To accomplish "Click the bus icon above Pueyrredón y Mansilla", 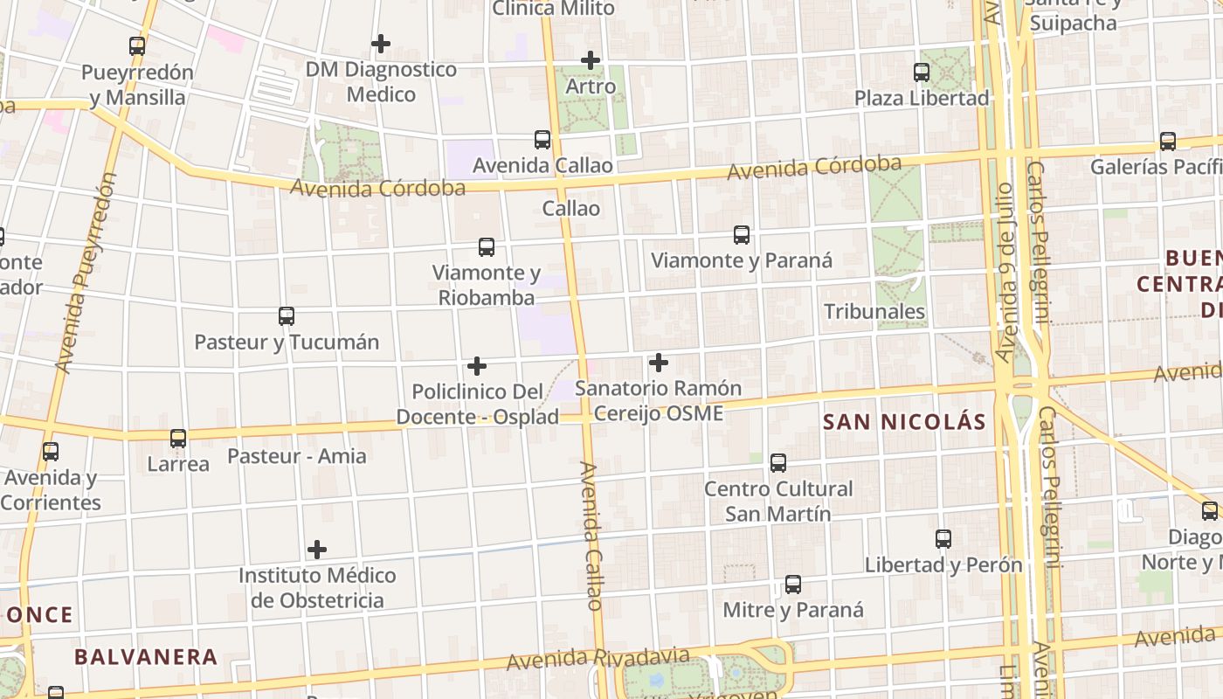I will (137, 46).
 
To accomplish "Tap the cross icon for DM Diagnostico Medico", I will (381, 43).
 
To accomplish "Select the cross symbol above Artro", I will (591, 60).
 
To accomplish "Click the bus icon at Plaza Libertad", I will (922, 73).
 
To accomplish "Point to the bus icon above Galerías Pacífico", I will (1167, 141).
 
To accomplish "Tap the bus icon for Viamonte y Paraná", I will (742, 234).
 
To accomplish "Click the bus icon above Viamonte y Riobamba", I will (487, 247).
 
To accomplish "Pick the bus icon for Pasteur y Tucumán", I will (287, 316).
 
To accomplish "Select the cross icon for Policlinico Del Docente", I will (477, 365).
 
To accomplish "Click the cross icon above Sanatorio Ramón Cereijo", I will (659, 362).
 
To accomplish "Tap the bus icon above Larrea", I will (178, 438).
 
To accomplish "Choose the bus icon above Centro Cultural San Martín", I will (778, 463).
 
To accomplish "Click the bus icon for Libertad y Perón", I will (943, 539).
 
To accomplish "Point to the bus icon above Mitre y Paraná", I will (793, 585).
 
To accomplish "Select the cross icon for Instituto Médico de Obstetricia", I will (317, 550).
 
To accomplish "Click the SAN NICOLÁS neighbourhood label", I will (904, 423).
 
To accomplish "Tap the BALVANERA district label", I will (146, 657).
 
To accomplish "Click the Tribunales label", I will (874, 312).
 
